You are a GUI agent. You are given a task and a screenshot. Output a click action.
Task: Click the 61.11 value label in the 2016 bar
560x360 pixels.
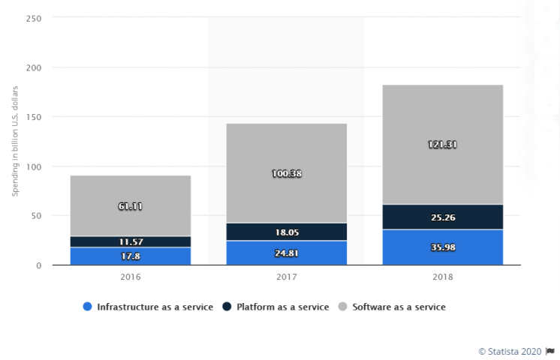tap(130, 205)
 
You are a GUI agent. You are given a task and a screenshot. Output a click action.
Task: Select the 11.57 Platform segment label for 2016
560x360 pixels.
tap(130, 242)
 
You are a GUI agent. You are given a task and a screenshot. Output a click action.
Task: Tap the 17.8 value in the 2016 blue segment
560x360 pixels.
tap(130, 256)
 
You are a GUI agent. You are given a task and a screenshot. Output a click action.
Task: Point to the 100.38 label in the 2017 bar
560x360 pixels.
tap(286, 173)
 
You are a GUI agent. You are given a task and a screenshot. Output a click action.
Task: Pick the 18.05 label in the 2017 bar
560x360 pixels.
tap(286, 233)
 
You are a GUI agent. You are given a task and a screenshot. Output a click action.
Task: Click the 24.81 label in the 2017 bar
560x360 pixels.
tap(286, 253)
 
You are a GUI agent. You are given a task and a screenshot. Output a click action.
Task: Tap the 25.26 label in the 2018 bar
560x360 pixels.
tap(442, 217)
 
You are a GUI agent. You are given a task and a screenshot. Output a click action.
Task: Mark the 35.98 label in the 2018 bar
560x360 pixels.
tap(442, 247)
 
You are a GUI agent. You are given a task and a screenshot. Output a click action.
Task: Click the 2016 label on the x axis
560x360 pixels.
tap(130, 277)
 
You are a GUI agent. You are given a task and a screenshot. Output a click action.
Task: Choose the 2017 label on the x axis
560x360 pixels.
tap(286, 277)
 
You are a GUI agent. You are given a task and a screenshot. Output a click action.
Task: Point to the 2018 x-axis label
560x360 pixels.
tap(442, 277)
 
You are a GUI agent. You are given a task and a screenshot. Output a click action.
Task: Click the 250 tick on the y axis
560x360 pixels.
tap(35, 18)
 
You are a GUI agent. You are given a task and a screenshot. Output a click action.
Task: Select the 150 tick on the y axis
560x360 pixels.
tap(35, 117)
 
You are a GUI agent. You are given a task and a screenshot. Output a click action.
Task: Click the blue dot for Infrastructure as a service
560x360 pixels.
tap(88, 307)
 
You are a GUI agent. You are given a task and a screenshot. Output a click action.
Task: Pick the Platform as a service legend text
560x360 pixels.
tap(282, 307)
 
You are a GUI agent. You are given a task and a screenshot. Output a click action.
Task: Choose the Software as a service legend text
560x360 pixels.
tap(399, 307)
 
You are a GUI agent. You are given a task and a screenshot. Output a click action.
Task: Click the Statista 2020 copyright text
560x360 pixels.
tap(510, 350)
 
